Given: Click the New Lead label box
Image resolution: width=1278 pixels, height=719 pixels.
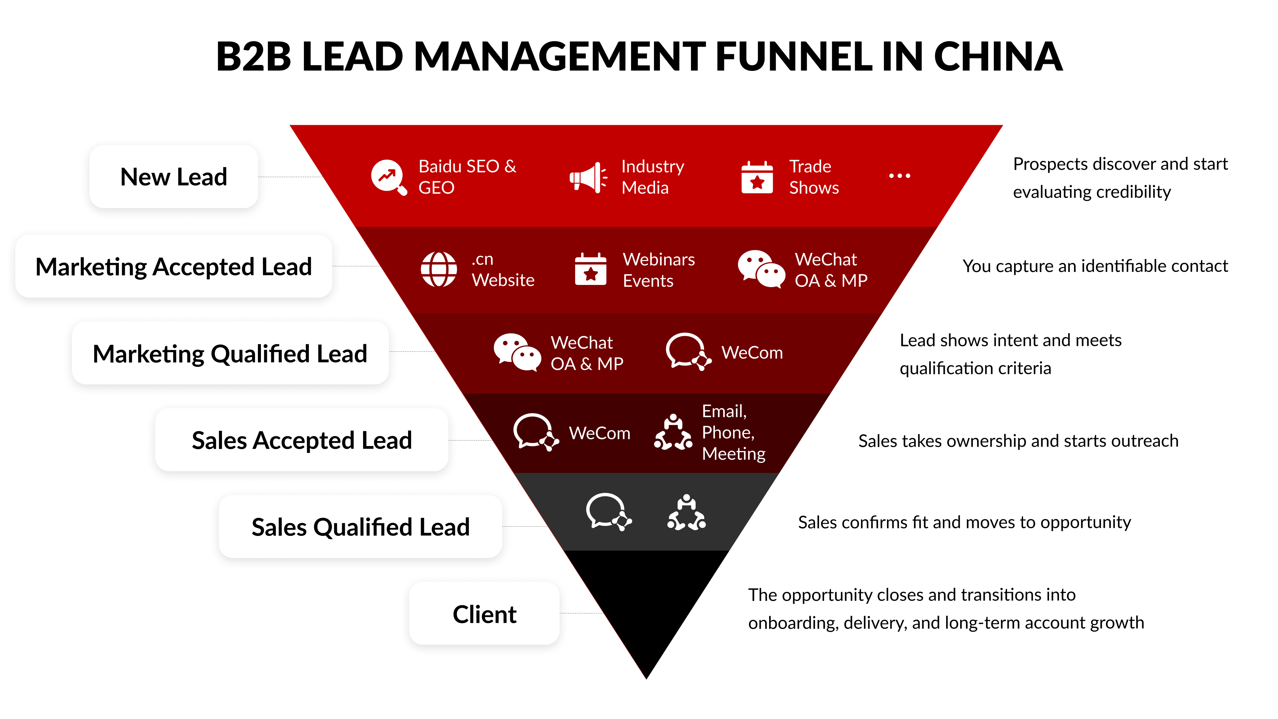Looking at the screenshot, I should coord(174,177).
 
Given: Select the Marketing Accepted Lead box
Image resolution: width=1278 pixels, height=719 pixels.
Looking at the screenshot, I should coord(174,267).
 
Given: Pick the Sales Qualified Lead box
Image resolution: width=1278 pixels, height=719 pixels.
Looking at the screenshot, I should coord(361,527).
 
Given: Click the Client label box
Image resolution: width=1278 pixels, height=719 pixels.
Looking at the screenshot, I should coord(484,614).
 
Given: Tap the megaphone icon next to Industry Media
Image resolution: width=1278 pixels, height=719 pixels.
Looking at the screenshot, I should coord(588,177).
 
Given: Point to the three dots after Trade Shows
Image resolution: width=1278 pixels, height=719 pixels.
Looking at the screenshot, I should coord(900,176).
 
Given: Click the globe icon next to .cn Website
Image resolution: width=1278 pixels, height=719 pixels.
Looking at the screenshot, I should coord(439,269).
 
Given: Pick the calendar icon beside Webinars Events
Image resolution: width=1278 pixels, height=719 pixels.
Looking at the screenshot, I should coord(590,269).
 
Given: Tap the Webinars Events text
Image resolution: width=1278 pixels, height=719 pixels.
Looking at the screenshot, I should coord(658,270).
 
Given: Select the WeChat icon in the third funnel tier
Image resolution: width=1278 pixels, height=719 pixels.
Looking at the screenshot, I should coord(517,352).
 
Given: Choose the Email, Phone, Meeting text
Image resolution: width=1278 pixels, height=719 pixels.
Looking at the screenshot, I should coord(733,432).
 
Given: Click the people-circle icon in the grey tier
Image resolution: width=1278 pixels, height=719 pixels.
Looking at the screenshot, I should coord(686,513).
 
